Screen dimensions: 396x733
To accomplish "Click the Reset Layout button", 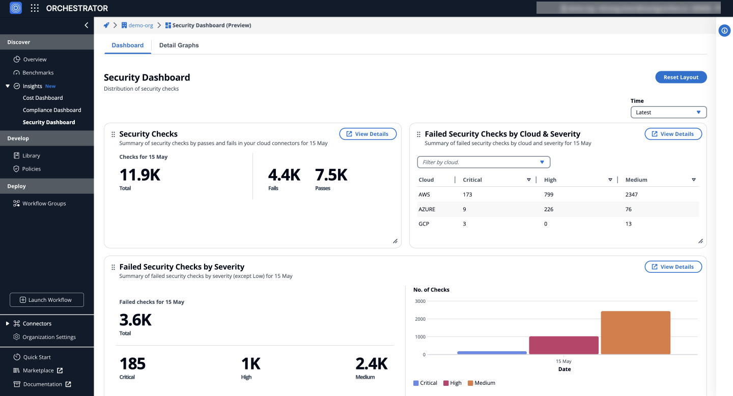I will point(681,77).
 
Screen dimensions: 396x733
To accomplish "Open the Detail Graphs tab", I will point(179,45).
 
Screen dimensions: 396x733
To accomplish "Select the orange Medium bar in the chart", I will point(635,332).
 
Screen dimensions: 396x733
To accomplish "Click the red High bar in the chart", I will point(563,345).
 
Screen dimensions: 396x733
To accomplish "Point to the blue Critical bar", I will point(492,352).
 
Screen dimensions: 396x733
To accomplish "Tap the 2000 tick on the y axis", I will point(420,319).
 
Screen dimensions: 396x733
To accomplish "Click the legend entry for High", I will point(453,383).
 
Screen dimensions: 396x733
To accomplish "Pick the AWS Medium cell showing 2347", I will point(632,194).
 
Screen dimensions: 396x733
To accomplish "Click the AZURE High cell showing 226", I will point(549,209).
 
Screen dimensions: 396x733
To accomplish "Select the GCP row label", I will point(424,224).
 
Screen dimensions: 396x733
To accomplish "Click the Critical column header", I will point(472,180).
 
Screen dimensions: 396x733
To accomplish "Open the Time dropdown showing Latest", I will point(668,112).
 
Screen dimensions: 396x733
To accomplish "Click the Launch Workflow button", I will point(47,300).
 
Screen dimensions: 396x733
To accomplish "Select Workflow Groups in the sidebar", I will point(44,204).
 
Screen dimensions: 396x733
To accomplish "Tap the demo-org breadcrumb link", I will point(140,25).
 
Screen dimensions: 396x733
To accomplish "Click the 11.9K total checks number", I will point(140,175).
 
